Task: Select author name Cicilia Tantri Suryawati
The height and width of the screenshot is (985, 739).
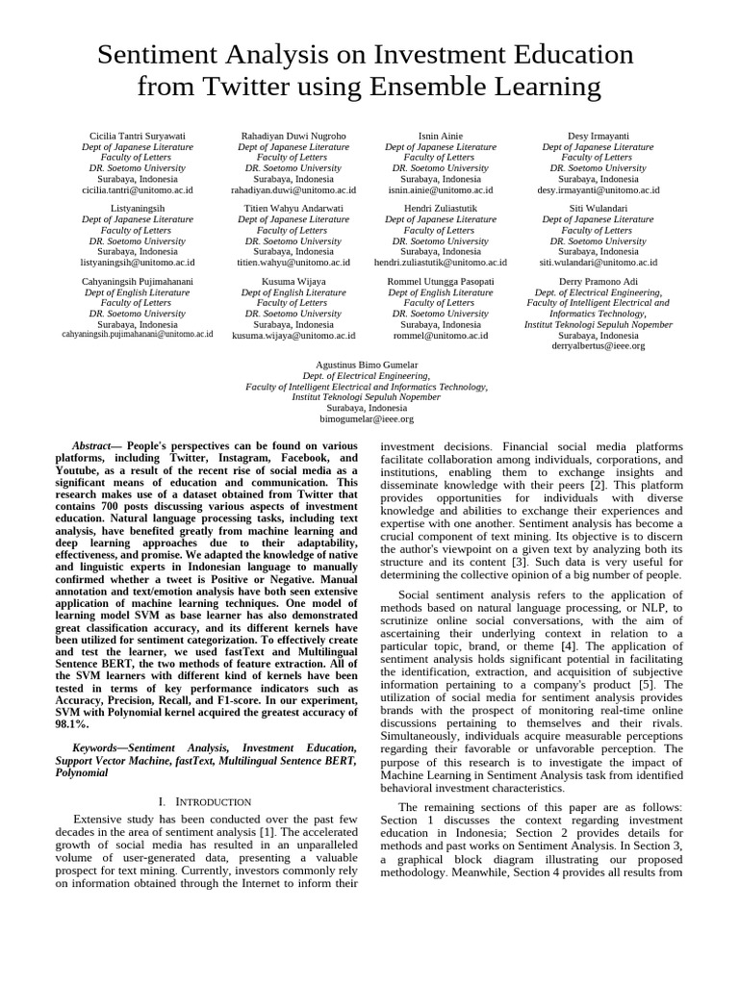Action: click(138, 137)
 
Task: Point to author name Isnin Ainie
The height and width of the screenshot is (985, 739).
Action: click(441, 137)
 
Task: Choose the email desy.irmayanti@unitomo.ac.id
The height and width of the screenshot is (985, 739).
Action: click(598, 190)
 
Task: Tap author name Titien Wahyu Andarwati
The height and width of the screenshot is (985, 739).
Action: click(293, 208)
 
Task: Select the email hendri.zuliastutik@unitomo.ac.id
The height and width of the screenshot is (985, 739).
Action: click(441, 262)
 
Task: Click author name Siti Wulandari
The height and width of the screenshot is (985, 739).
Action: click(598, 208)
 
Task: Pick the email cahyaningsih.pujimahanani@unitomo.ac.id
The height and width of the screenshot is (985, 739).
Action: click(138, 334)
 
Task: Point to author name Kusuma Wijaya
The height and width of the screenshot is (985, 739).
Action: click(293, 281)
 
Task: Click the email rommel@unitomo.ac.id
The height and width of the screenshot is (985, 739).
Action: click(441, 336)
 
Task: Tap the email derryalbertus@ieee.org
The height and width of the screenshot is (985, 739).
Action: click(598, 345)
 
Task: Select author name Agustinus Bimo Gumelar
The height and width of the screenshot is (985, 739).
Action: click(367, 366)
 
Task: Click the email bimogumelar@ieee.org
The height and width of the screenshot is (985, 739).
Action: click(367, 419)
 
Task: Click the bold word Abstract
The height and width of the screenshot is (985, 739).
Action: click(92, 446)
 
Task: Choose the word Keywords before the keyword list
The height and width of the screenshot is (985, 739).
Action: click(97, 747)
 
